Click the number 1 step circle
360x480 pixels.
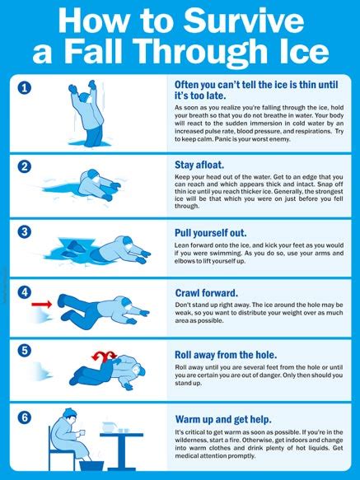coord(26,87)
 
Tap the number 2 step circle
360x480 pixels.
coord(26,166)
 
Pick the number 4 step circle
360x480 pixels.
coord(26,292)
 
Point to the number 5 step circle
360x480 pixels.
coord(26,349)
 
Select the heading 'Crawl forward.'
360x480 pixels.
coord(207,292)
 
